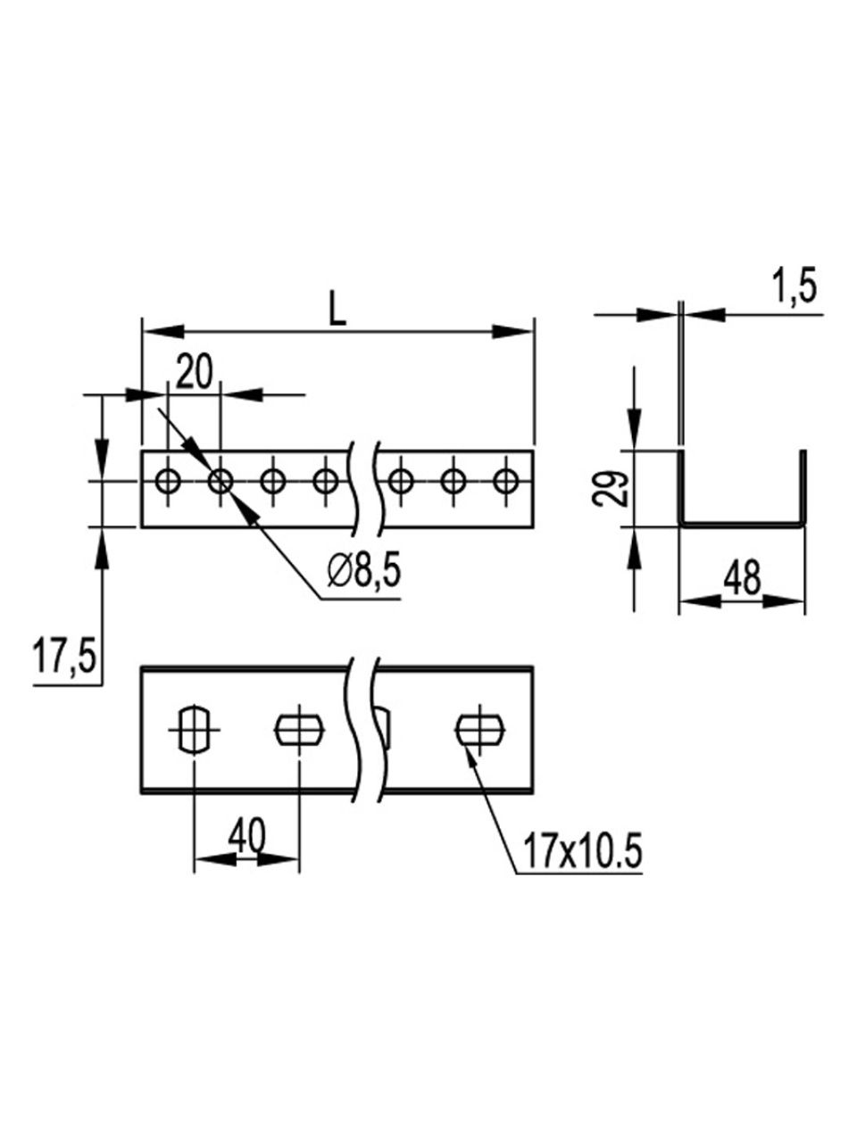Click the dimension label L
(x=337, y=312)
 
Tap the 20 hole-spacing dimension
(x=195, y=373)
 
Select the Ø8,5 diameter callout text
(x=364, y=573)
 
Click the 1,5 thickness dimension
(x=795, y=287)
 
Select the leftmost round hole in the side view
(x=168, y=481)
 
